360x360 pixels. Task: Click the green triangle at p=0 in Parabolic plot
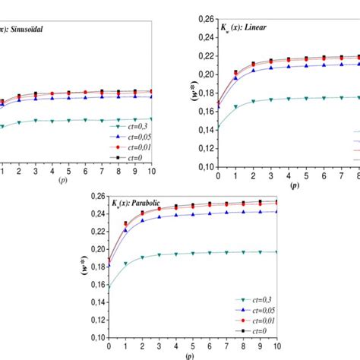(x=109, y=287)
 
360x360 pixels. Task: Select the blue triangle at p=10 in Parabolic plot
(x=276, y=212)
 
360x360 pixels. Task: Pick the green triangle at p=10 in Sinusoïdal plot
(x=151, y=118)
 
